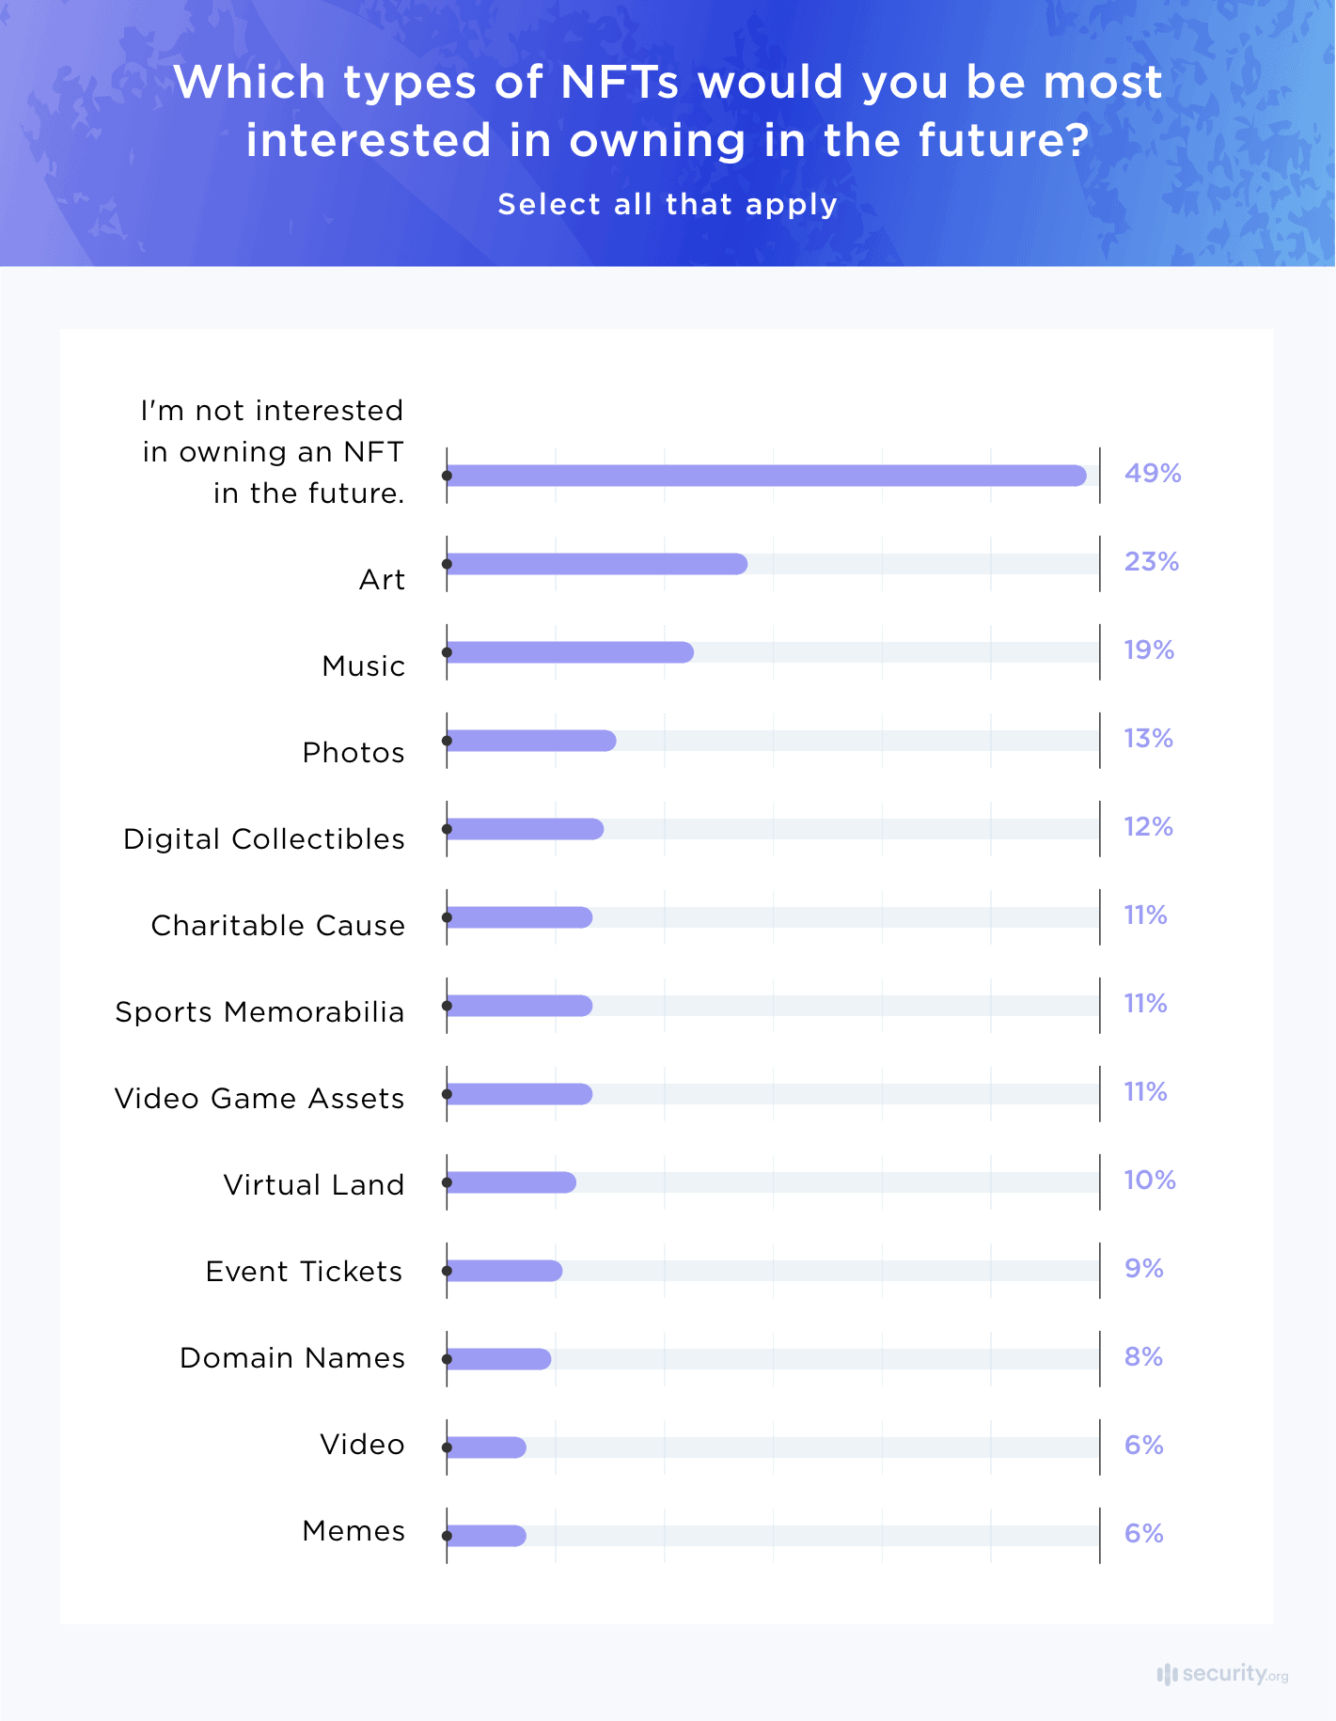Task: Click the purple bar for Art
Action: coord(597,564)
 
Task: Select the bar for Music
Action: coord(570,652)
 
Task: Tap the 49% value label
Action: coord(1153,473)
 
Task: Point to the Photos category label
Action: coord(354,752)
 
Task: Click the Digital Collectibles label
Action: coord(264,838)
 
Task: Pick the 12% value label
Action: coord(1149,826)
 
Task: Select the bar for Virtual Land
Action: coord(511,1182)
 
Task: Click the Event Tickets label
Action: coord(304,1271)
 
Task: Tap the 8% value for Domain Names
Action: coord(1144,1356)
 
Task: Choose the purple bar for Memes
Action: coord(486,1536)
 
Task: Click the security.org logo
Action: coord(1222,1674)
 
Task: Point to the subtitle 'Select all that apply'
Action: coord(668,204)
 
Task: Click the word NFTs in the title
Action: coord(620,82)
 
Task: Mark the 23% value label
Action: coord(1152,561)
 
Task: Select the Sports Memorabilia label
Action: coord(259,1011)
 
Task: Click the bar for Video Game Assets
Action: coord(520,1094)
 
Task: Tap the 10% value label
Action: coord(1150,1180)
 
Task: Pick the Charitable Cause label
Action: coord(278,925)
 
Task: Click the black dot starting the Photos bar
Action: coord(448,741)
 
